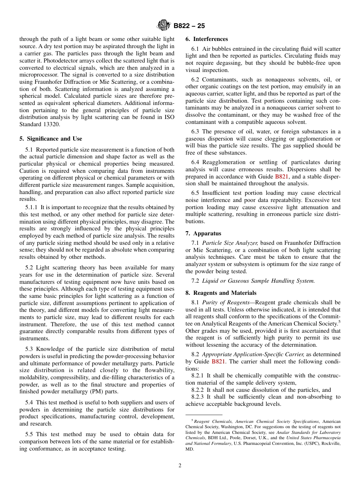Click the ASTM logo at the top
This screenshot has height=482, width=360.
click(x=164, y=26)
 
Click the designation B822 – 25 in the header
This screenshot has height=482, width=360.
click(x=189, y=26)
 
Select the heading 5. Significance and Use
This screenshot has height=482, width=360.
click(x=51, y=139)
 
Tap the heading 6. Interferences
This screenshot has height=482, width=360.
click(x=207, y=39)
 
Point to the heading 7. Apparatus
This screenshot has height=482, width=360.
click(x=203, y=233)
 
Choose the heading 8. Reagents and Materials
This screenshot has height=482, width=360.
click(x=221, y=293)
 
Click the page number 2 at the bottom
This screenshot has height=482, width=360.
click(x=180, y=466)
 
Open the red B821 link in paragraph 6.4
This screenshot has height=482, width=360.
click(x=282, y=177)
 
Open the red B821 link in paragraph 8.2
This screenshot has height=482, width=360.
click(x=218, y=361)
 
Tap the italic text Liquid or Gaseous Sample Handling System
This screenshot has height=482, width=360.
click(x=258, y=281)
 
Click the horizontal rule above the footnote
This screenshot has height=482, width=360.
click(x=203, y=415)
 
